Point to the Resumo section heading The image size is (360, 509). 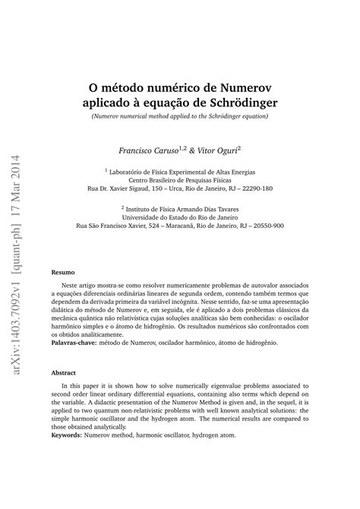click(x=62, y=272)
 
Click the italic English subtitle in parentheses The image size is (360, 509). click(x=180, y=115)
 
